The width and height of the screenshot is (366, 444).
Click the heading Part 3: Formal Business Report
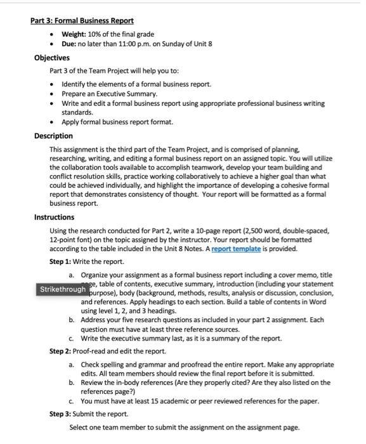pos(82,20)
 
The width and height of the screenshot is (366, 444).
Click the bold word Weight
pos(74,34)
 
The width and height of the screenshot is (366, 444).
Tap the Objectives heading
pos(52,58)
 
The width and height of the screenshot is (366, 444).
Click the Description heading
pos(53,136)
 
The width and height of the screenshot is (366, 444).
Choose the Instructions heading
pos(55,217)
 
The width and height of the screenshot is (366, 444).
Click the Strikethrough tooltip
pos(63,290)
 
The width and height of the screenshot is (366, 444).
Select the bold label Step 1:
pos(61,261)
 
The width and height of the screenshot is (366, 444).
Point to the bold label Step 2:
pos(61,351)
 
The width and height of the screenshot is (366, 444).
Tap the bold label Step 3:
pos(61,414)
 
